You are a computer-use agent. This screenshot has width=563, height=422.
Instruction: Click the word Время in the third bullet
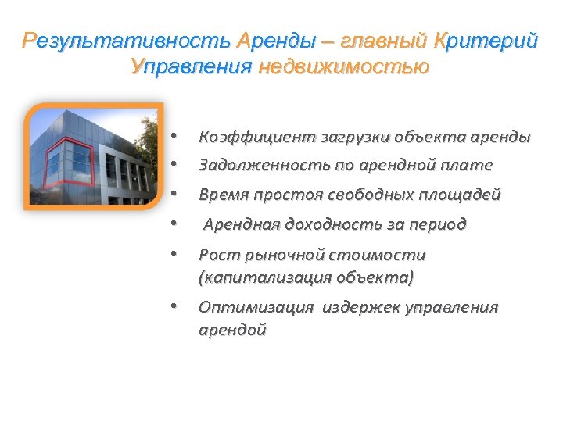point(221,195)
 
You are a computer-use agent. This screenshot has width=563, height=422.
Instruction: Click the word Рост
point(217,255)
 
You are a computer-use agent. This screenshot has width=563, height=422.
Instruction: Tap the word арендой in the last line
point(232,330)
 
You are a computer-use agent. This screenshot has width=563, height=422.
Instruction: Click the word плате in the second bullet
point(470,166)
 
